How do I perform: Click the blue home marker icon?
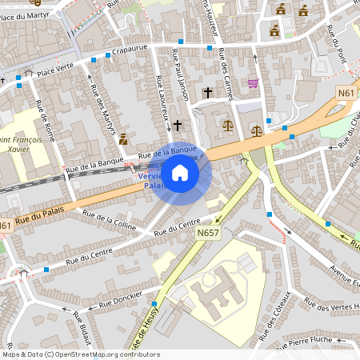pyautogui.click(x=180, y=173)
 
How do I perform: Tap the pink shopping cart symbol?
pyautogui.click(x=253, y=83)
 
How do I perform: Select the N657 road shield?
pyautogui.click(x=208, y=233)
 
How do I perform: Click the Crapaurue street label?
pyautogui.click(x=133, y=50)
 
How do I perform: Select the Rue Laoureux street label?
pyautogui.click(x=162, y=94)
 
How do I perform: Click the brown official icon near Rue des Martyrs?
pyautogui.click(x=123, y=139)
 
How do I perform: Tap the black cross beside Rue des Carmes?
pyautogui.click(x=207, y=93)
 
